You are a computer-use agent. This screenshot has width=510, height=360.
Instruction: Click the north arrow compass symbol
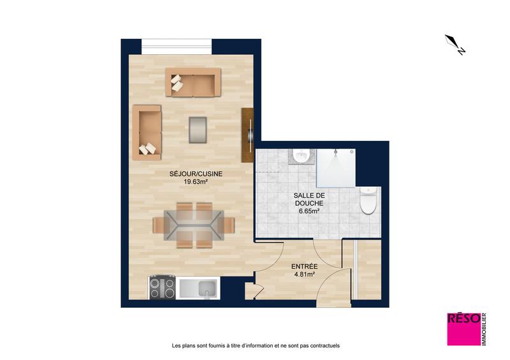click(x=455, y=44)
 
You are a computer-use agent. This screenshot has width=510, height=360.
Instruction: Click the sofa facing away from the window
click(x=193, y=82)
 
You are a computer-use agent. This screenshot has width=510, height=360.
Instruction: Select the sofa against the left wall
click(x=147, y=133)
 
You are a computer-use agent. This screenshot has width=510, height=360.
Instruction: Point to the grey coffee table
click(x=198, y=129)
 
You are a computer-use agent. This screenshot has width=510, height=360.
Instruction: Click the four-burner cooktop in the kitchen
click(x=162, y=287)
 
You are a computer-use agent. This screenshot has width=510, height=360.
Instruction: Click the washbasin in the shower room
click(x=302, y=155)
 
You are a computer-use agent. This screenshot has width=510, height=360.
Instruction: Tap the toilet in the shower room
click(x=368, y=201)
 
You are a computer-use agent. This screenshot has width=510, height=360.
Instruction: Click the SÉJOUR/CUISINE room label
click(x=196, y=173)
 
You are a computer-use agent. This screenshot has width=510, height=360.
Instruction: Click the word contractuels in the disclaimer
click(x=324, y=346)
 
